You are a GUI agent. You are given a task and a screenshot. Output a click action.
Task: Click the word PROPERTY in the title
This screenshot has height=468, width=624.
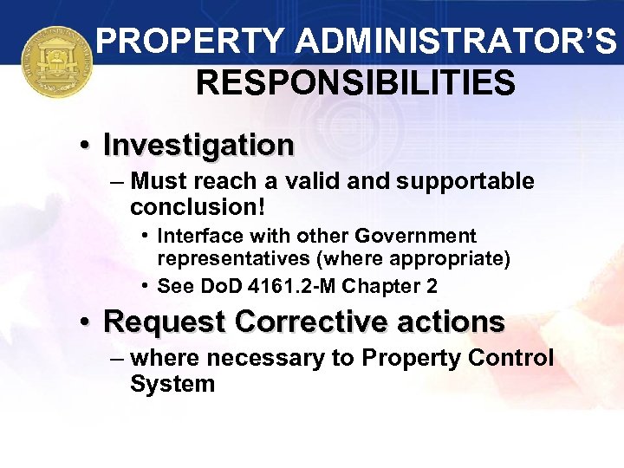tap(188, 41)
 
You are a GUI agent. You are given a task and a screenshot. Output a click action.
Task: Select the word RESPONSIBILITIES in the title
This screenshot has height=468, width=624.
tap(355, 83)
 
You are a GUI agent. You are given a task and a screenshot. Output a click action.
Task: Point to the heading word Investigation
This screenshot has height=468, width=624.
tap(198, 144)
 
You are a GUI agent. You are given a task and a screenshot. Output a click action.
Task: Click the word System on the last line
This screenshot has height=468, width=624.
tap(172, 383)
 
